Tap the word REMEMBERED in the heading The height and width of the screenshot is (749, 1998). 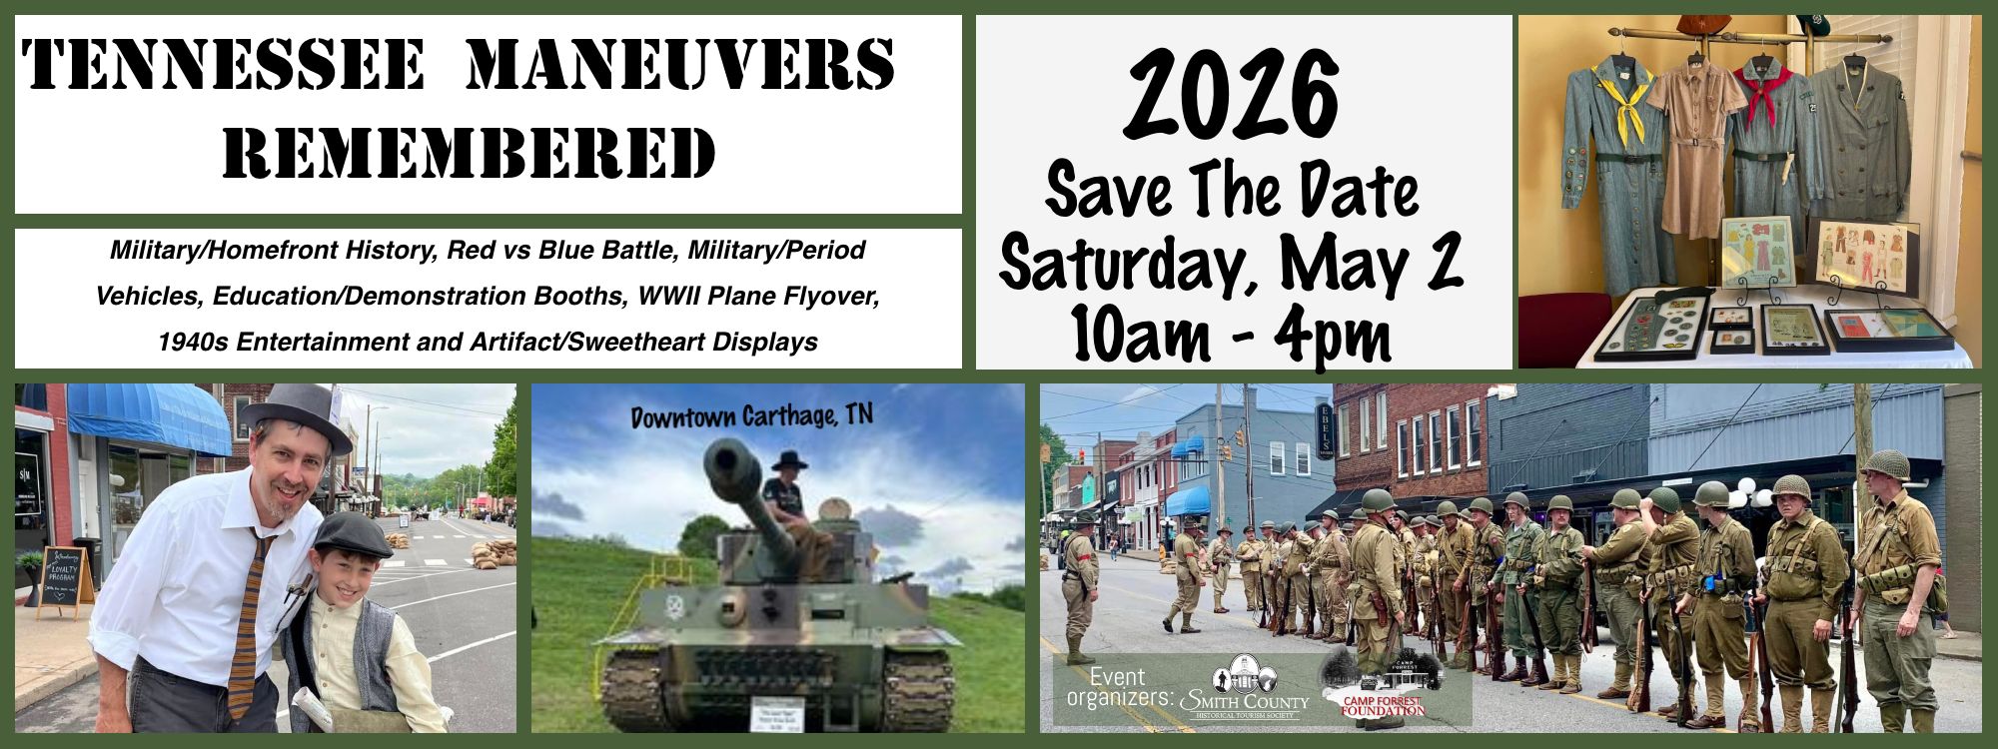click(x=470, y=154)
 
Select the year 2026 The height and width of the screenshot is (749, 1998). click(x=1243, y=97)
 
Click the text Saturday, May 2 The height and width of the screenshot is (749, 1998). click(x=1231, y=262)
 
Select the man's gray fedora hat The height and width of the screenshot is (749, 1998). click(x=297, y=410)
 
